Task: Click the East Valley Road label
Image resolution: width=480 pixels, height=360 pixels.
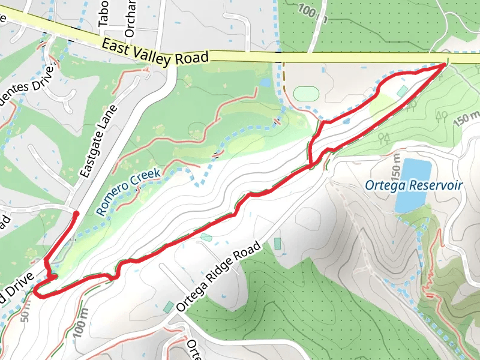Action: pyautogui.click(x=155, y=52)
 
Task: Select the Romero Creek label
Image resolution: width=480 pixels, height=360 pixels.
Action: pyautogui.click(x=128, y=191)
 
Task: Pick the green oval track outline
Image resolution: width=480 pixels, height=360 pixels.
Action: pyautogui.click(x=307, y=94)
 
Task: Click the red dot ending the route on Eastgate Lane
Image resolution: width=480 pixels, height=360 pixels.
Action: pyautogui.click(x=76, y=214)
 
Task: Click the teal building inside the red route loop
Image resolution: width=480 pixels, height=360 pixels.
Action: pyautogui.click(x=401, y=91)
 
